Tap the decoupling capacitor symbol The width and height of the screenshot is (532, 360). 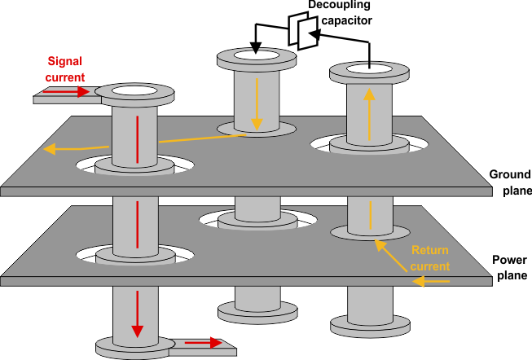(300, 33)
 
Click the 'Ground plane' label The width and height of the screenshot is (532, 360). (510, 182)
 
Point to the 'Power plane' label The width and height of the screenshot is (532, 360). (510, 268)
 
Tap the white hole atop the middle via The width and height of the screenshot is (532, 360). (256, 57)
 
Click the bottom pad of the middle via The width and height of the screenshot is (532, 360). (256, 313)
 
